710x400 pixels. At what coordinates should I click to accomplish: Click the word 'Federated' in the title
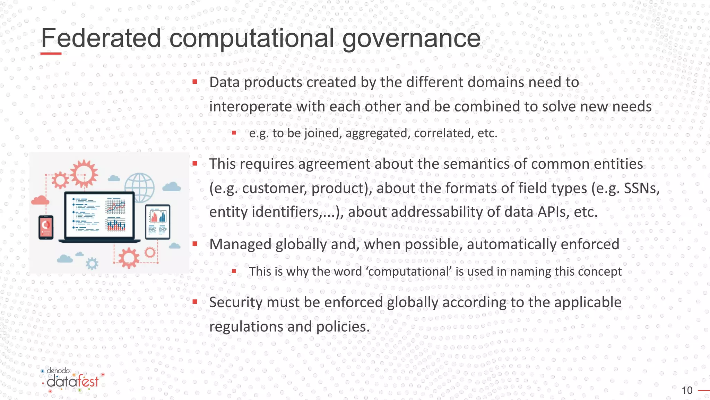(x=101, y=38)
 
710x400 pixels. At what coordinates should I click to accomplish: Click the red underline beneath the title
(x=51, y=53)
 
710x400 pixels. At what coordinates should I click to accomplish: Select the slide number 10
(x=687, y=390)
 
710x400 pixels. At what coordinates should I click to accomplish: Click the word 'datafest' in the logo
(x=73, y=382)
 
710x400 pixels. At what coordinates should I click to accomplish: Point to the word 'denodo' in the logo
(x=58, y=371)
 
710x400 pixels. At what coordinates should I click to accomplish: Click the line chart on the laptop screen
(x=116, y=206)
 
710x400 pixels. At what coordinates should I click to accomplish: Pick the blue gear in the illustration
(x=92, y=264)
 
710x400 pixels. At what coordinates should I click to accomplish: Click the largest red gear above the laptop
(x=84, y=173)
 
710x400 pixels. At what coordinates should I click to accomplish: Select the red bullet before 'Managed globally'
(x=195, y=244)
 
